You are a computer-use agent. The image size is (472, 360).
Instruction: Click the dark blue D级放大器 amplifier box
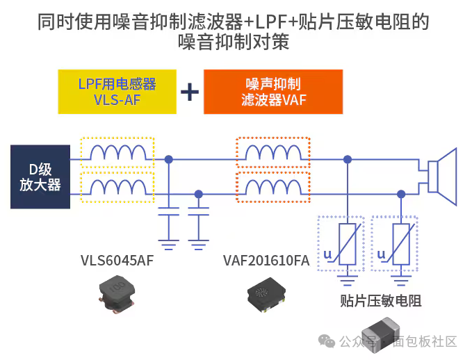tap(40, 177)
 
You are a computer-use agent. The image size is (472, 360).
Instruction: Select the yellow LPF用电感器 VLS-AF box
tap(117, 91)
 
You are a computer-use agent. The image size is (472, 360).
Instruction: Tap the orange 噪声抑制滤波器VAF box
tap(273, 92)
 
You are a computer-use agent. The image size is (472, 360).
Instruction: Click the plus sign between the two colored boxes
tap(189, 92)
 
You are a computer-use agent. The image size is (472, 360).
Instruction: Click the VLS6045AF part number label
tap(117, 261)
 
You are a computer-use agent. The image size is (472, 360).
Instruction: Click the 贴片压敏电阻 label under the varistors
tap(381, 300)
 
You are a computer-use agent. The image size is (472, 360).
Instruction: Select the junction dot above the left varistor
tap(347, 160)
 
